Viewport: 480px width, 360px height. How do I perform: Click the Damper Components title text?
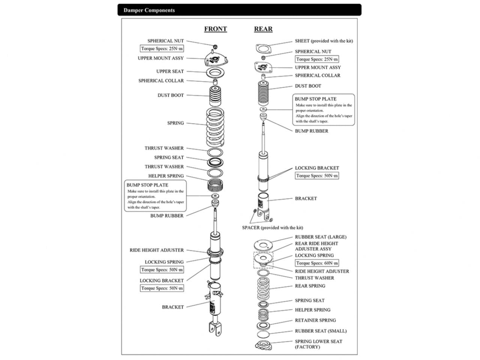(x=149, y=10)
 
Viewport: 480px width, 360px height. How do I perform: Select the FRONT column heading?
(x=215, y=29)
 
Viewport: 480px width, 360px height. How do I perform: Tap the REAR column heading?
(x=263, y=29)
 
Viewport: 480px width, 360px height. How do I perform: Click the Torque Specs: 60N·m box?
(x=317, y=263)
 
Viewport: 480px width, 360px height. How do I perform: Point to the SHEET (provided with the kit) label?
(x=324, y=41)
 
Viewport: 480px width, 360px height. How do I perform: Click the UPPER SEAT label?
(x=170, y=71)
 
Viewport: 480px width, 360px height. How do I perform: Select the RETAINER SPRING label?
(x=315, y=320)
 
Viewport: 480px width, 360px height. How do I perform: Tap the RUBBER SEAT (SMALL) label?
(x=321, y=331)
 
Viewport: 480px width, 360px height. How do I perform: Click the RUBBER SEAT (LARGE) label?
(x=321, y=237)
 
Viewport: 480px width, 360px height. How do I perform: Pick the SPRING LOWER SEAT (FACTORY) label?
(x=318, y=344)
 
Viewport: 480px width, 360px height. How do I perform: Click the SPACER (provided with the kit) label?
(x=272, y=228)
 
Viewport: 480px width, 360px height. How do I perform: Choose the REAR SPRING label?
(x=310, y=286)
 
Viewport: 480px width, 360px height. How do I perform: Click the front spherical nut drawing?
(x=215, y=46)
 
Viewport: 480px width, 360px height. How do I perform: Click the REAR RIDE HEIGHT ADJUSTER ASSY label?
(x=316, y=246)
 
